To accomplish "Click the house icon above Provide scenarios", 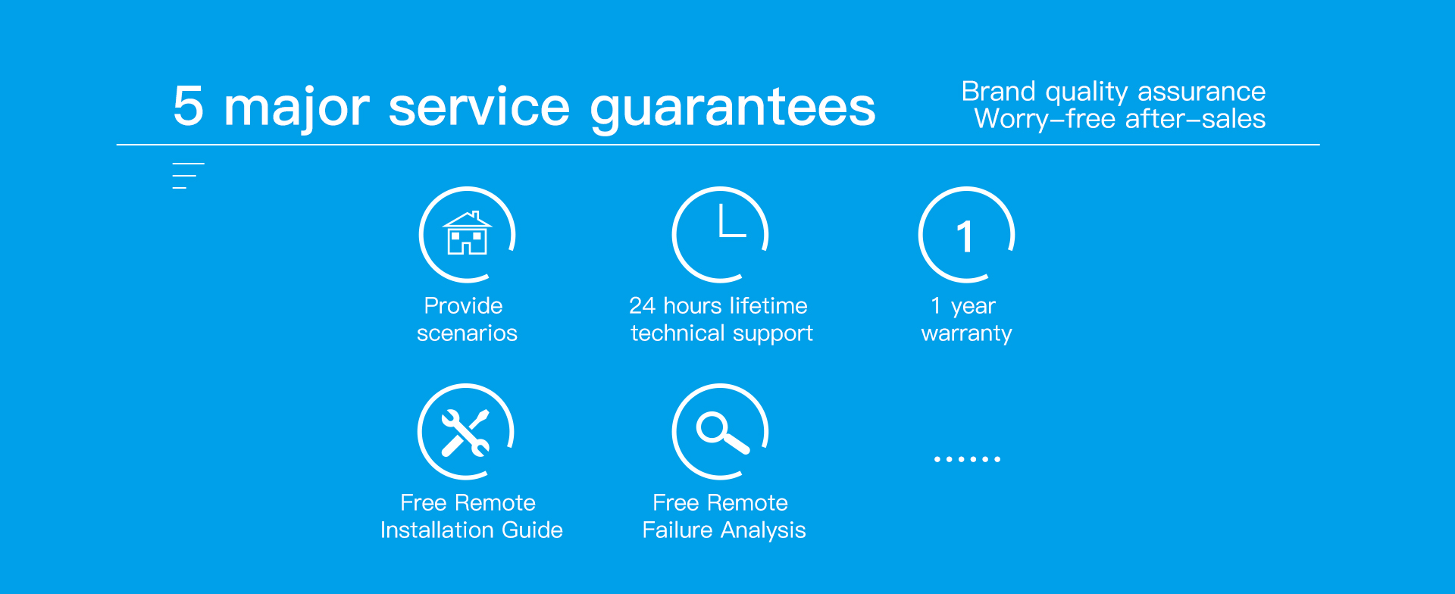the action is [468, 233].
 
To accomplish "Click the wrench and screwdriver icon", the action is [465, 433].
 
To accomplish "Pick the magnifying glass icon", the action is [722, 433].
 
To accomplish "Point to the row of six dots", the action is [967, 459].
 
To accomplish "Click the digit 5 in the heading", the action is [189, 105].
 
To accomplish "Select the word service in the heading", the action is [479, 107].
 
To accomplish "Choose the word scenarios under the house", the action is [467, 333].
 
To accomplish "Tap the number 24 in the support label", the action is [642, 305].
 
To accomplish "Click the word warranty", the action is [966, 334].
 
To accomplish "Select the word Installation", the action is [437, 530].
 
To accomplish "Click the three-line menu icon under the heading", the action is [188, 176].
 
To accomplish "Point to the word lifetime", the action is [768, 305].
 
